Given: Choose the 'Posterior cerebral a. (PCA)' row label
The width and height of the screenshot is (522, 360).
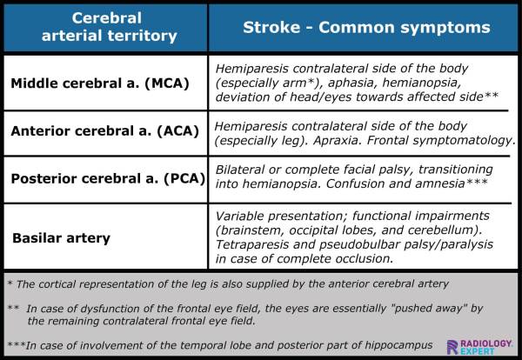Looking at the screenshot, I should (x=107, y=179).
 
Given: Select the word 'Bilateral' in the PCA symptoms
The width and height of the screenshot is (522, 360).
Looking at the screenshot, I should (x=240, y=171).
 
